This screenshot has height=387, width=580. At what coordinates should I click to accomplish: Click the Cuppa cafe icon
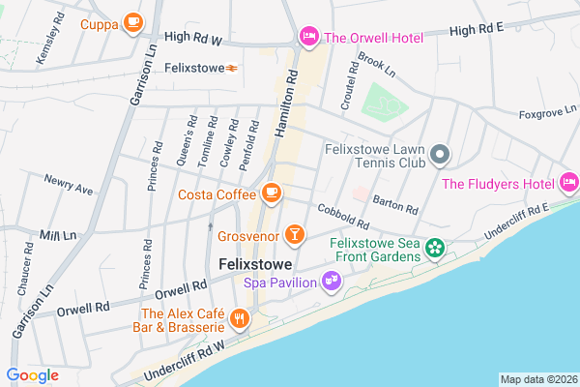tap(132, 23)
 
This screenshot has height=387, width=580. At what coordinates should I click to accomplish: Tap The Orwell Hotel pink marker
tap(308, 38)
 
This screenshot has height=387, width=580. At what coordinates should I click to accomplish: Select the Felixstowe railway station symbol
tap(232, 69)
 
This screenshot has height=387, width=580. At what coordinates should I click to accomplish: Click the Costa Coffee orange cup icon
tap(272, 193)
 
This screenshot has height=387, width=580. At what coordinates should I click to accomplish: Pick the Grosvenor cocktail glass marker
tap(295, 234)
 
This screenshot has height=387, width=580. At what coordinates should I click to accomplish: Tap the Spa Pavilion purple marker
tap(332, 282)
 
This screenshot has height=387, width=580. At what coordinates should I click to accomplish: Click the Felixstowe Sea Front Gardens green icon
tap(436, 249)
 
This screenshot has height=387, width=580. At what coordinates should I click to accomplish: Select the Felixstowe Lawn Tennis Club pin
tap(440, 155)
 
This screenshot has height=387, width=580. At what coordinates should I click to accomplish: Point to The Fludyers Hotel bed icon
tap(568, 183)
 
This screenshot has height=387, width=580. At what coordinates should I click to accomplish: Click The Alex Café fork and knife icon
tap(239, 318)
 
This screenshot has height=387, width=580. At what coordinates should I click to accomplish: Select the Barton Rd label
tap(394, 204)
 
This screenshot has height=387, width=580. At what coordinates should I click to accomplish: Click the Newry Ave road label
tap(69, 185)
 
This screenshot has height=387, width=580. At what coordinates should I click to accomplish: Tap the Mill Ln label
tap(57, 236)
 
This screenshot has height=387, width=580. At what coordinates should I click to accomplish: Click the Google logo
tap(32, 375)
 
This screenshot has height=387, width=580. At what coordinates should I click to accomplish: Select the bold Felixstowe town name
tap(257, 263)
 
